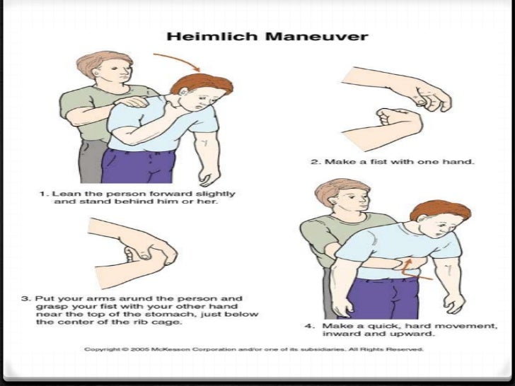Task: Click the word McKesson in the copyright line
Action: click(x=165, y=349)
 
